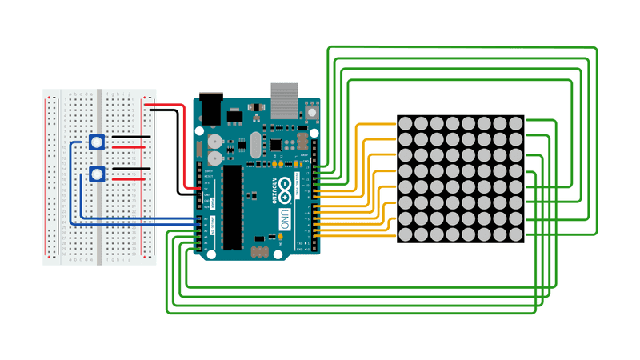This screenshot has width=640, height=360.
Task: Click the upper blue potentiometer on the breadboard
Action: tap(98, 143)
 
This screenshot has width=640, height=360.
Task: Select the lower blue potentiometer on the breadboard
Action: tap(98, 174)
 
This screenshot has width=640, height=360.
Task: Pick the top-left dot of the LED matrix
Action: tap(406, 123)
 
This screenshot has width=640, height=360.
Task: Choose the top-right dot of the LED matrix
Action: tap(515, 123)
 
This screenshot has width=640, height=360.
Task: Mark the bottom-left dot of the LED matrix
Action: tap(406, 235)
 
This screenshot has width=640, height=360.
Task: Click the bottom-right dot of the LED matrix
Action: tap(515, 235)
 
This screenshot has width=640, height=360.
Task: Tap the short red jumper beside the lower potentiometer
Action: tap(130, 181)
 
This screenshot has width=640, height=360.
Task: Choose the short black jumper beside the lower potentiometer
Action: tap(130, 170)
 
